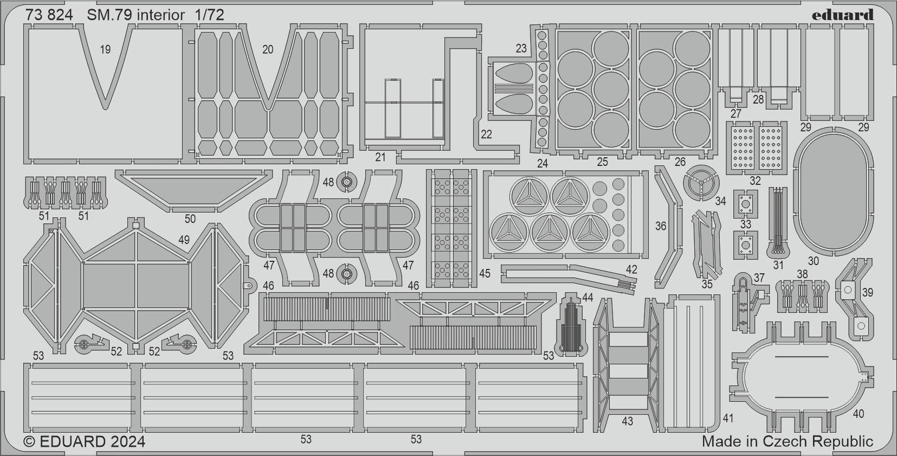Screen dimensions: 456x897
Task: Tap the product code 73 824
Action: (49, 15)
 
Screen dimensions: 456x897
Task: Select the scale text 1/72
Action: (209, 15)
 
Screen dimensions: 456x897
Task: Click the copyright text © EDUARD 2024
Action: (85, 441)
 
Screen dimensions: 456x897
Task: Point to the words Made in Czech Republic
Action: (787, 441)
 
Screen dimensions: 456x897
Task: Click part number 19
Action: (105, 49)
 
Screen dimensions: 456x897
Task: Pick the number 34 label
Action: (720, 201)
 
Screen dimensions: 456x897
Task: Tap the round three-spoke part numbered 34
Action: (700, 183)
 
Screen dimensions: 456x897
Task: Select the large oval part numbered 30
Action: (833, 191)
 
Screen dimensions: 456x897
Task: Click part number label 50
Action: (190, 219)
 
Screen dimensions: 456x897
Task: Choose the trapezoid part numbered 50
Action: (193, 188)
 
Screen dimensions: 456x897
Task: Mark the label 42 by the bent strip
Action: (631, 269)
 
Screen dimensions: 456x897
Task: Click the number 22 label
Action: (486, 134)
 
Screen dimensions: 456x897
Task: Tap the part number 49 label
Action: (184, 240)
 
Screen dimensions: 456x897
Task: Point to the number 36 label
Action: (660, 226)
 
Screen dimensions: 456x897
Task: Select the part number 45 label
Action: (485, 273)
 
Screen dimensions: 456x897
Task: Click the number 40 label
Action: (858, 414)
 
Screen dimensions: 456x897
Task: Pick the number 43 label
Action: (627, 421)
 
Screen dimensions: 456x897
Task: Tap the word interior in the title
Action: (160, 15)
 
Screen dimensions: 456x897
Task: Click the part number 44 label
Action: (588, 297)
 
